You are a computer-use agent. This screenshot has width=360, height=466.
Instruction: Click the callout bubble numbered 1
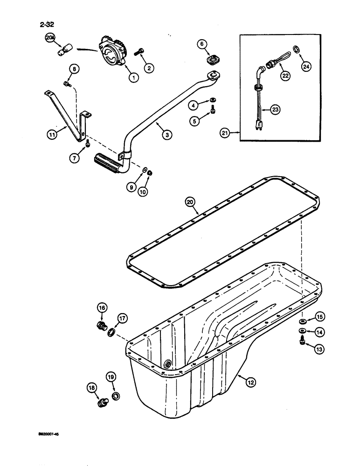pyautogui.click(x=133, y=78)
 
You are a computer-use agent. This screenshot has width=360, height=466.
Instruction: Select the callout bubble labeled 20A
pyautogui.click(x=49, y=39)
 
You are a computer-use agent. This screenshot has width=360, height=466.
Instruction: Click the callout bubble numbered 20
pyautogui.click(x=189, y=202)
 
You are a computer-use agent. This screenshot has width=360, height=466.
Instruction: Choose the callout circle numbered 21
pyautogui.click(x=226, y=133)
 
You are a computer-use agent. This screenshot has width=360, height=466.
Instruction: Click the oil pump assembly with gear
pyautogui.click(x=113, y=52)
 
